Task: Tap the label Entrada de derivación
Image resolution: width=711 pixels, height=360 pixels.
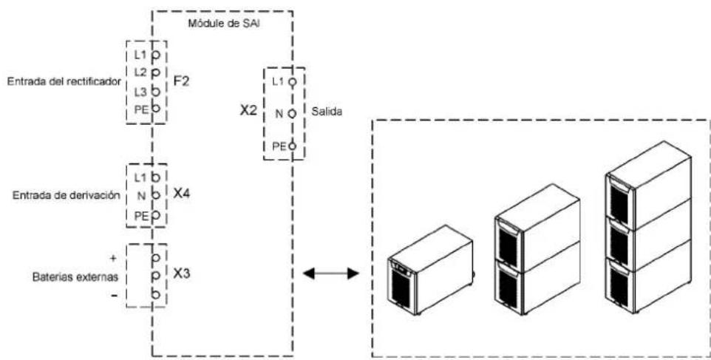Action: point(67,195)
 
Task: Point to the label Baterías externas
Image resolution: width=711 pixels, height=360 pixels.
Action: point(75,276)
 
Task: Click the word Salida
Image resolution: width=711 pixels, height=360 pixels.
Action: point(327,112)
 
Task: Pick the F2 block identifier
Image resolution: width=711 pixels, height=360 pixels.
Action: point(181,82)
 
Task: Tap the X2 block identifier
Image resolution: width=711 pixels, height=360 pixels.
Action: point(249,112)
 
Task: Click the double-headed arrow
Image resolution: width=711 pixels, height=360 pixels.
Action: point(330,274)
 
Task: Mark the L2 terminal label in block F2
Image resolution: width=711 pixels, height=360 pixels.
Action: point(140,72)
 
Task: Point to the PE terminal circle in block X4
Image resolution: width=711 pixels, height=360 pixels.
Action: point(156,214)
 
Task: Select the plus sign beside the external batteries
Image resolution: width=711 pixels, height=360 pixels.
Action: point(113,258)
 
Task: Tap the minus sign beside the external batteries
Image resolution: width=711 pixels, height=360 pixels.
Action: point(114,296)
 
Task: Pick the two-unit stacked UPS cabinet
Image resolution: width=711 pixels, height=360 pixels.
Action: point(537,249)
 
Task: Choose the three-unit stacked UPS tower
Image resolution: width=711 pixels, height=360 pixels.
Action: point(648,227)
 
